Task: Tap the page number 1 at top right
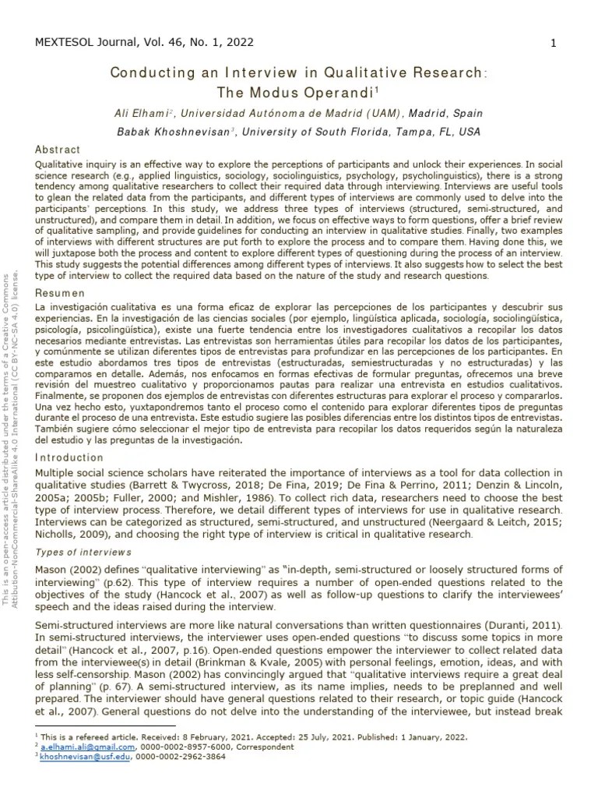click(x=553, y=44)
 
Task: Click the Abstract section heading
click(x=58, y=150)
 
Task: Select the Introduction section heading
click(x=69, y=457)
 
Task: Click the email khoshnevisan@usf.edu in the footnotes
click(x=82, y=757)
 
